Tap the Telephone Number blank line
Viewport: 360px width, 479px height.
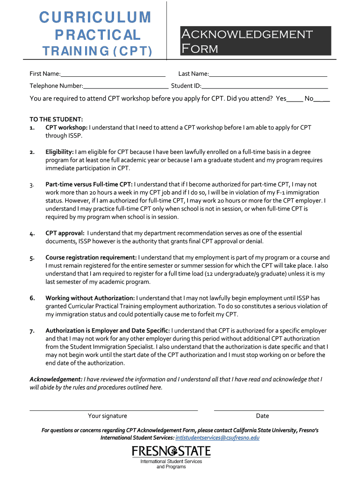point(126,87)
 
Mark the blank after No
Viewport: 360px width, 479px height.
point(322,100)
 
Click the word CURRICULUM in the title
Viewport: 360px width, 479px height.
point(95,17)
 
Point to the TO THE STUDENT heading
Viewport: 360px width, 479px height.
point(56,120)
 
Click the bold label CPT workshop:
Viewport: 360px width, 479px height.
point(66,127)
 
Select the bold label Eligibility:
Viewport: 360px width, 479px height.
point(59,152)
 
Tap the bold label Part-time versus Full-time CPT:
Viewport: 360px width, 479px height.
point(89,184)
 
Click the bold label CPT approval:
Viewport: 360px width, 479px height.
point(65,233)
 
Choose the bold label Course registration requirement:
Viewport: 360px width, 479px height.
point(91,257)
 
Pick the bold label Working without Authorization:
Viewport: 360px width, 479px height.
point(90,298)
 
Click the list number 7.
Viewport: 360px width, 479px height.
point(32,331)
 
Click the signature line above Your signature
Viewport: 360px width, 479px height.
point(114,410)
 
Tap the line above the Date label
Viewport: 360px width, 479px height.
point(269,410)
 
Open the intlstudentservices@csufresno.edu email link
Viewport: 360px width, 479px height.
point(217,438)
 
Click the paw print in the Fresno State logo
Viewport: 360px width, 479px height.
point(172,451)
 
